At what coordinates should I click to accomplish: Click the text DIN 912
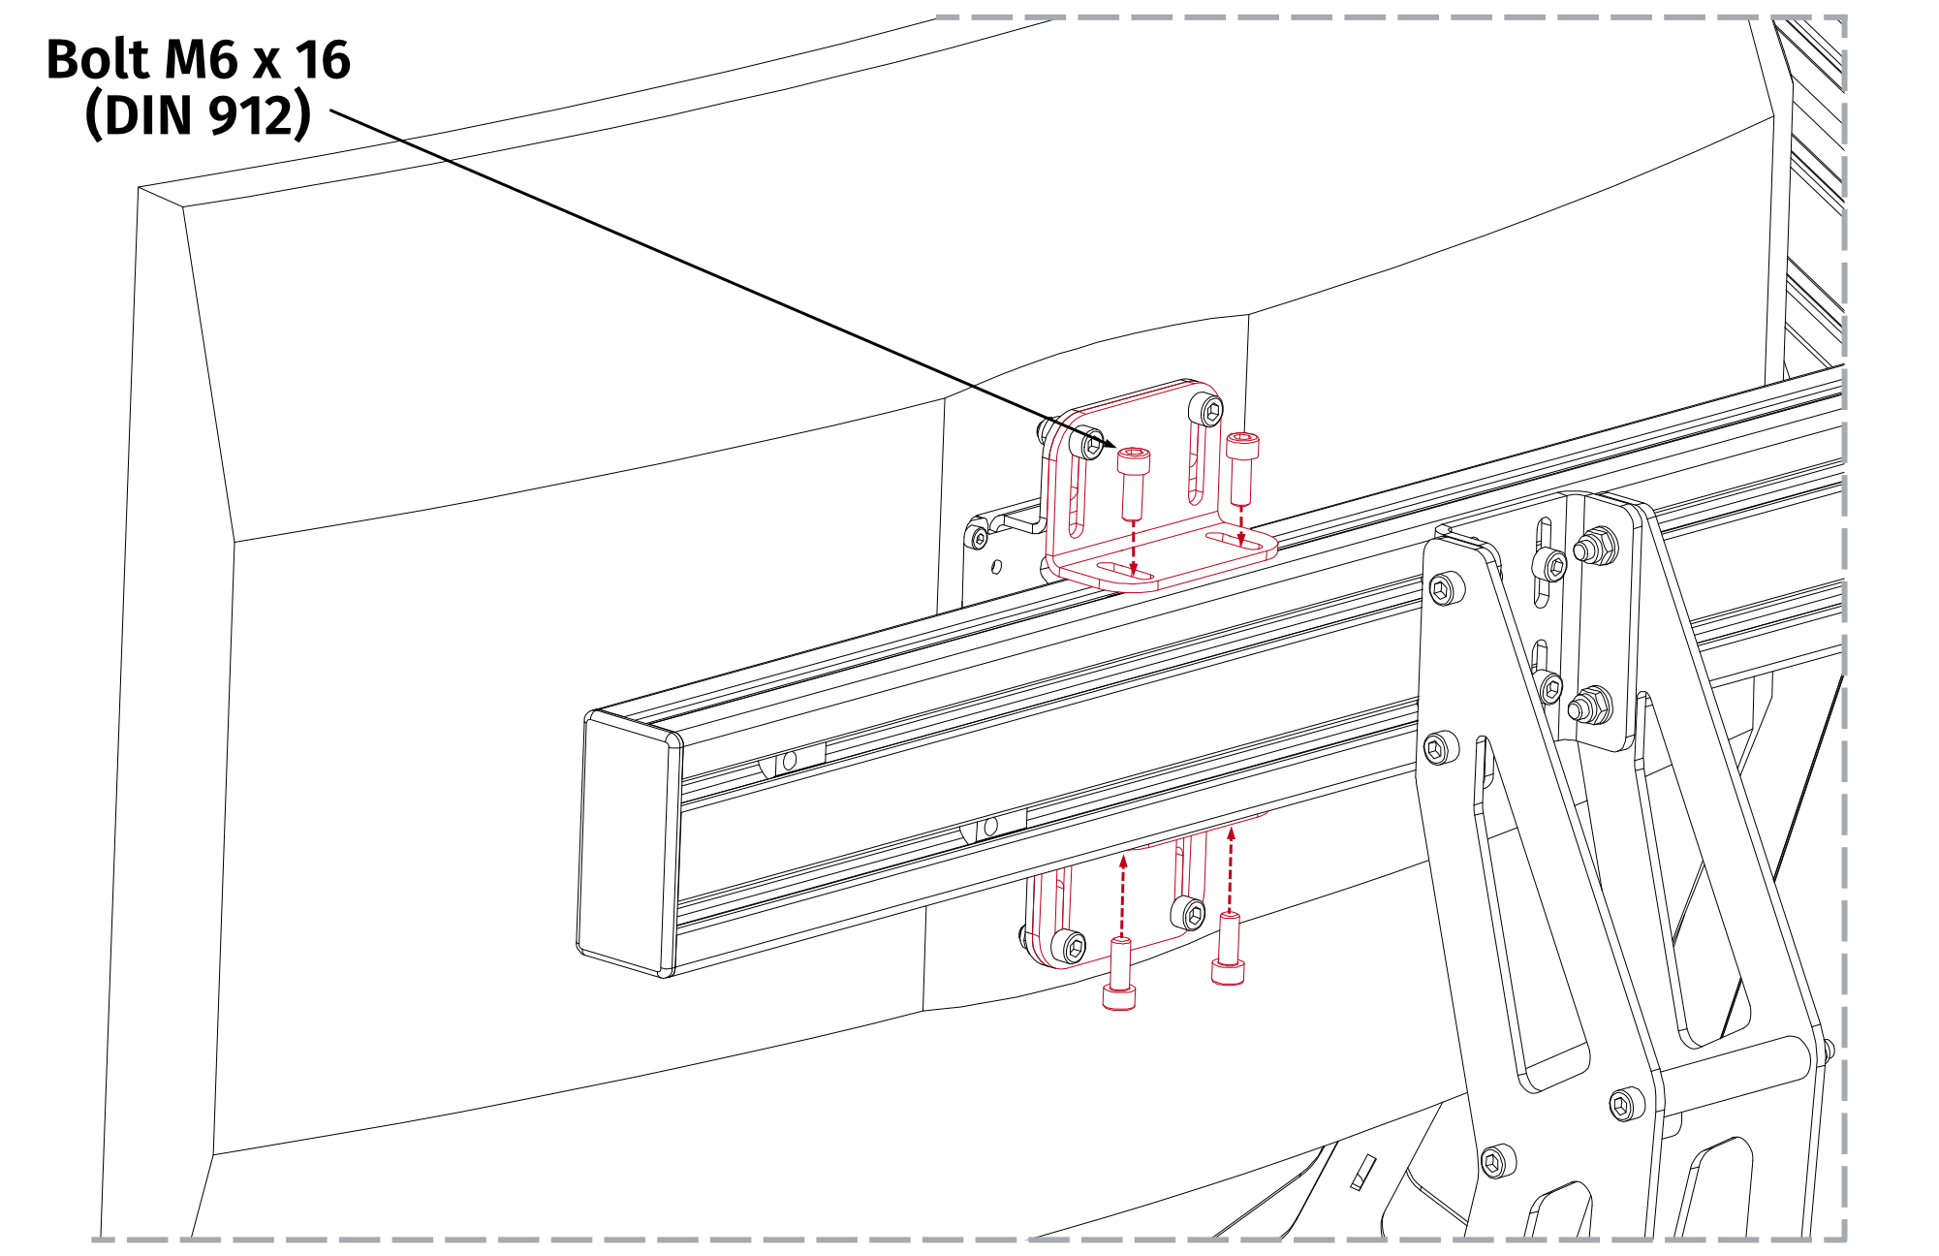198,116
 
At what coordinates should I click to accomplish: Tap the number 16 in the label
322,60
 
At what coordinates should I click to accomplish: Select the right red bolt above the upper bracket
1241,467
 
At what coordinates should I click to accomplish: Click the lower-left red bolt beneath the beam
1119,975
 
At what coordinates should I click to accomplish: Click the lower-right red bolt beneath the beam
1228,950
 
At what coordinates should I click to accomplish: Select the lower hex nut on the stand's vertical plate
1589,706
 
